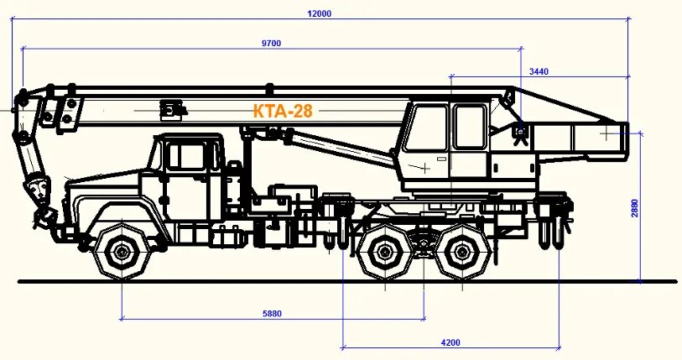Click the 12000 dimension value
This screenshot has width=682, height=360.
coord(320,13)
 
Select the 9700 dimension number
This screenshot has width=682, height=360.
coord(270,44)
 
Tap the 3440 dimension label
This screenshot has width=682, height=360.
coord(539,72)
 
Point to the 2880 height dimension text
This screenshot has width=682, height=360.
coord(635,208)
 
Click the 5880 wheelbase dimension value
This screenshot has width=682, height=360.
coord(272,314)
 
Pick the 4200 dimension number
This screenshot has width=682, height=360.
coord(450,342)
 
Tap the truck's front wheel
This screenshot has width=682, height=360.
coord(122,251)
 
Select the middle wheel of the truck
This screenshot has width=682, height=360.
coord(386,251)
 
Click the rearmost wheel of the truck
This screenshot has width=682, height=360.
coord(461,251)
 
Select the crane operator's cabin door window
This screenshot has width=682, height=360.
coord(470,128)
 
